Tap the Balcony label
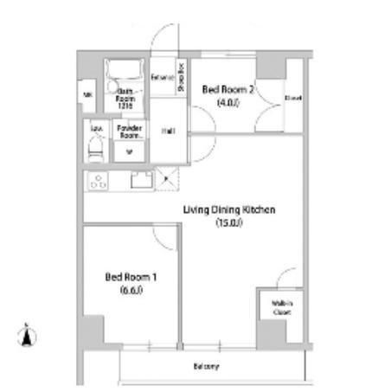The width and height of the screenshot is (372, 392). (206, 367)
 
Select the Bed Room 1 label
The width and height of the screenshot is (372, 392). (125, 277)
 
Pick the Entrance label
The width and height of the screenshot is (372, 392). (162, 78)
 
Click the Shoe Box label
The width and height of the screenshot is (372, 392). (182, 78)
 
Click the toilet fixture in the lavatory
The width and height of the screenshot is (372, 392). (96, 150)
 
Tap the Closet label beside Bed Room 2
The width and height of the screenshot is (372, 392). (293, 98)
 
